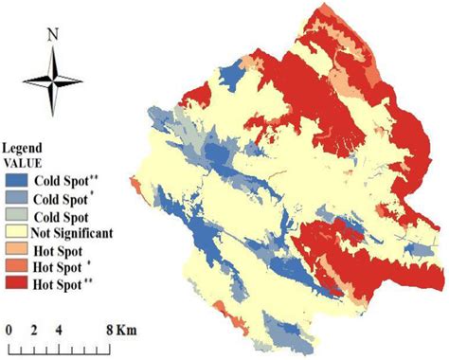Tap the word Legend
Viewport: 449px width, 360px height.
(23, 150)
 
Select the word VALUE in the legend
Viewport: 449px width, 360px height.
(22, 162)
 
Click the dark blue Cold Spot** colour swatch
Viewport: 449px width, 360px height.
(16, 176)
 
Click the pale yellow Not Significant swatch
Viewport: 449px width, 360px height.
(16, 230)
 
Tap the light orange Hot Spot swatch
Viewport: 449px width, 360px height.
(16, 248)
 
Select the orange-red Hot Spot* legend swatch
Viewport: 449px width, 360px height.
(16, 266)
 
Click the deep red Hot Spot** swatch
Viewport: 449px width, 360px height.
(16, 284)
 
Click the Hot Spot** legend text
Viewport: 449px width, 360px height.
(63, 284)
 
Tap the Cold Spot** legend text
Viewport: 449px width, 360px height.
(64, 176)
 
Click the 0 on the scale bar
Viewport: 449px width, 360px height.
(8, 330)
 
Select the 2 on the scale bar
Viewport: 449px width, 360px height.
(33, 330)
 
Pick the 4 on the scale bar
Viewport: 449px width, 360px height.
(59, 330)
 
